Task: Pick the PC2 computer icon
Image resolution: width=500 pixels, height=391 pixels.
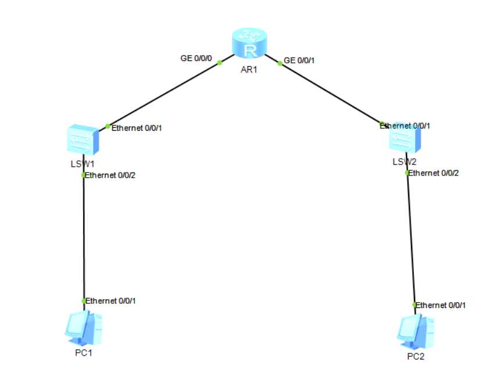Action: (x=413, y=332)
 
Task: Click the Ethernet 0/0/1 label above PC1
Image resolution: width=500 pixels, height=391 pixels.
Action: (x=112, y=300)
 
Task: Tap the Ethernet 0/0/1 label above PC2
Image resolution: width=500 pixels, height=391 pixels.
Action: (x=441, y=304)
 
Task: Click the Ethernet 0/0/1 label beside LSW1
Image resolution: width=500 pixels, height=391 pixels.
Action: (x=136, y=127)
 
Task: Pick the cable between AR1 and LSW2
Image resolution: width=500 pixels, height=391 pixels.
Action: (x=331, y=93)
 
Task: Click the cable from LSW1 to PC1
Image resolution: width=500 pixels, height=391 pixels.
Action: (x=84, y=238)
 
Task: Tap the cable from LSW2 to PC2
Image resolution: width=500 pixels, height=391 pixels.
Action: (x=411, y=238)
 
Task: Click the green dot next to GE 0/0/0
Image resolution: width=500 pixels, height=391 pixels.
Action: (x=220, y=62)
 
